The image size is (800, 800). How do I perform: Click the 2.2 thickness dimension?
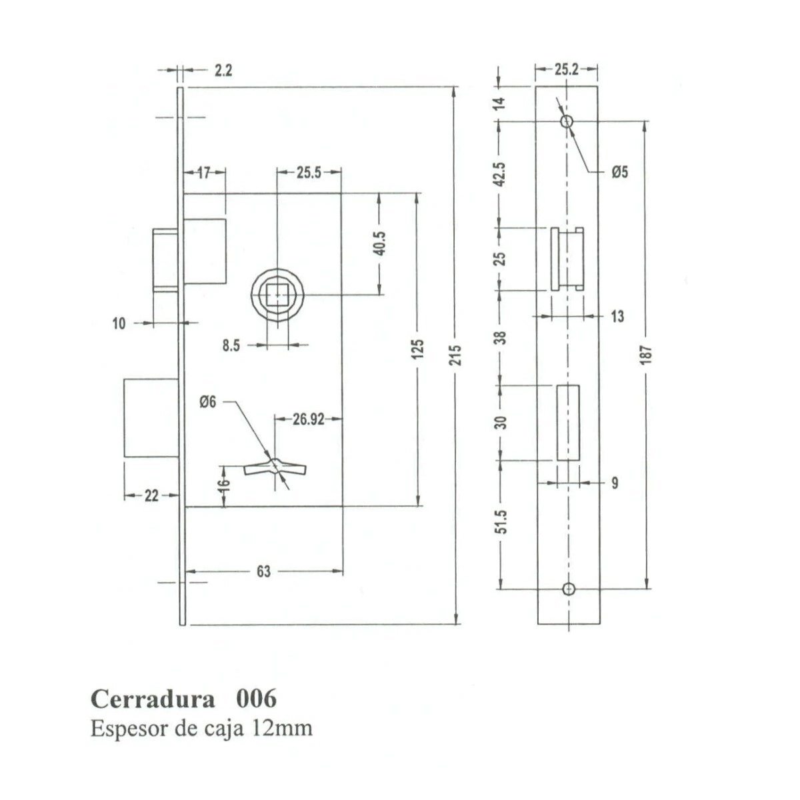[223, 71]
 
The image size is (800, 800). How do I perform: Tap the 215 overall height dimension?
[456, 355]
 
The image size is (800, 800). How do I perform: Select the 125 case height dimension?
[419, 349]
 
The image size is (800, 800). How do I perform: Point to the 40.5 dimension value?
[380, 243]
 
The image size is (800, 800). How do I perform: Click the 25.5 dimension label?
[309, 173]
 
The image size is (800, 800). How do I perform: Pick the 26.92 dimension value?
[309, 419]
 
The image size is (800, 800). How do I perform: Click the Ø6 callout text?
[207, 402]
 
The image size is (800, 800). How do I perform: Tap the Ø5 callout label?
[620, 172]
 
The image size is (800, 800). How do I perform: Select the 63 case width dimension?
[263, 571]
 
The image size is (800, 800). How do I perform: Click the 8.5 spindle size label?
[231, 345]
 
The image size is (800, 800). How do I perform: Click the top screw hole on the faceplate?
[567, 121]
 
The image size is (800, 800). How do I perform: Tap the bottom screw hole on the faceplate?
[568, 589]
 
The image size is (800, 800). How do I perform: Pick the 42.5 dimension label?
[501, 175]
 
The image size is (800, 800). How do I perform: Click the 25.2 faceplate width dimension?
[566, 69]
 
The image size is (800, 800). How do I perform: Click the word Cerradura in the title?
[153, 699]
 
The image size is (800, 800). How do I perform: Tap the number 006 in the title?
[256, 698]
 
